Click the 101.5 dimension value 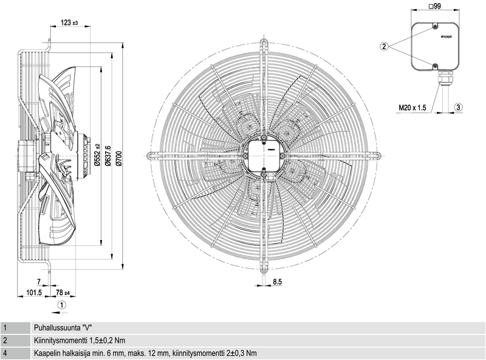[34, 293]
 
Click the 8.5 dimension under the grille [278, 282]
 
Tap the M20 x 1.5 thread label [414, 108]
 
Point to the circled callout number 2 [384, 46]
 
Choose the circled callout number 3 [459, 107]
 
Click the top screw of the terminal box [435, 27]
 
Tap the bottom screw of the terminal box [435, 65]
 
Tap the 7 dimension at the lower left [39, 282]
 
